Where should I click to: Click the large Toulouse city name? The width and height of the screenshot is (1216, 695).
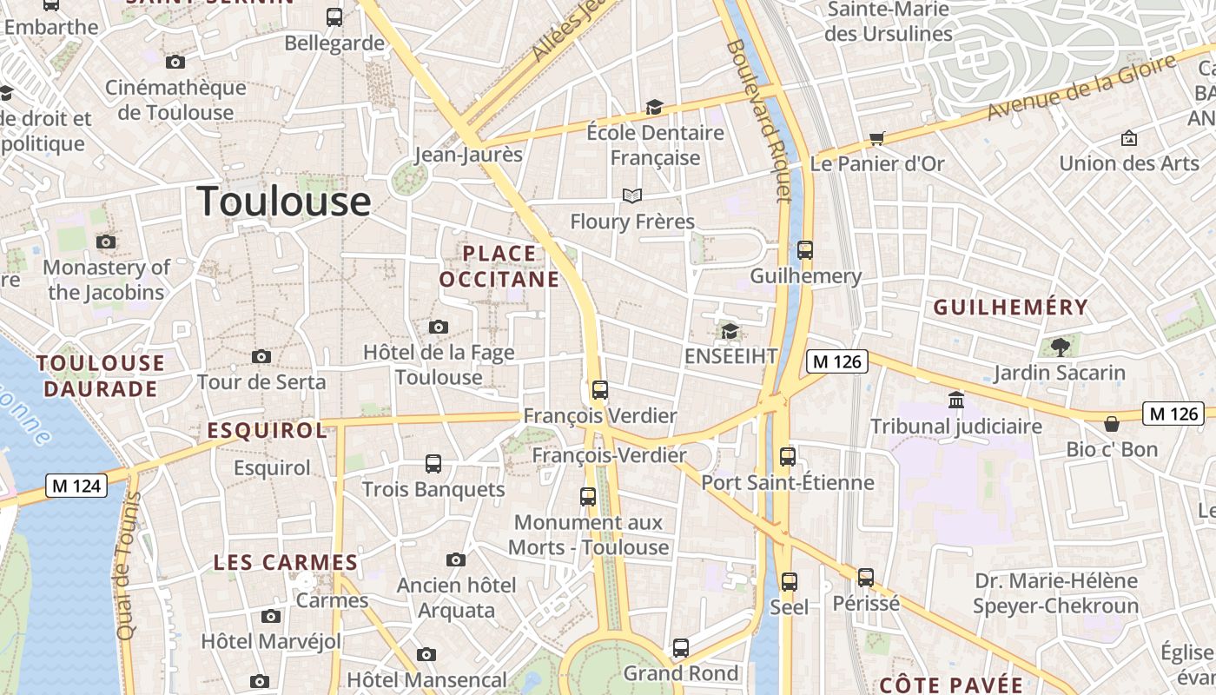284,202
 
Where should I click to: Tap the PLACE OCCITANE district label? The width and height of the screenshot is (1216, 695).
499,266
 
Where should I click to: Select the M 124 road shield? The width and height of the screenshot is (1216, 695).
76,486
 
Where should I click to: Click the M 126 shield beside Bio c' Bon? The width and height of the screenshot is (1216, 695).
1173,414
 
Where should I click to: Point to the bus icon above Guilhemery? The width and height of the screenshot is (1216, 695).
805,250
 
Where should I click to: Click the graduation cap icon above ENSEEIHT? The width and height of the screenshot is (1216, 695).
730,331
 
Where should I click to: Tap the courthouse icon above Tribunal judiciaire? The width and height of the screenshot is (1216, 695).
956,400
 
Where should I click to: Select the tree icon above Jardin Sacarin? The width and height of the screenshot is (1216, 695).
1059,347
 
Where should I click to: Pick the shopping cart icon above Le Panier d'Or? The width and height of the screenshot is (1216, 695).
876,138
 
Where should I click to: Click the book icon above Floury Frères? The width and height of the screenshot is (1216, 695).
632,196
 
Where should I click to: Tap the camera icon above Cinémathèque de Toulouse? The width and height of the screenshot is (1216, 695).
175,62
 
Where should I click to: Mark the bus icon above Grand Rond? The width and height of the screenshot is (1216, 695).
681,648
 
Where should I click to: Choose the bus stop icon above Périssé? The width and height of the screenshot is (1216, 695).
865,577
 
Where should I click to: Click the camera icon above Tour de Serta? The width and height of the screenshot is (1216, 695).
261,356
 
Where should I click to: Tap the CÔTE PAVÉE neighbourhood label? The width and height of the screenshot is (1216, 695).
951,684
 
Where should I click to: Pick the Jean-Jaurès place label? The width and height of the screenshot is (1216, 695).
468,155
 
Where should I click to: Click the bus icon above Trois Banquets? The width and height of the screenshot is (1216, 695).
433,464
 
